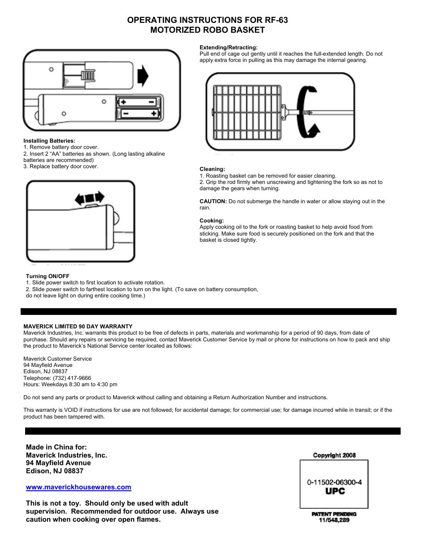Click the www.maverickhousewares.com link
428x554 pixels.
(x=79, y=487)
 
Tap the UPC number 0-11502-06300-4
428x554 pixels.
(x=334, y=482)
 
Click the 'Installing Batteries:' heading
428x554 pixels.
(x=49, y=141)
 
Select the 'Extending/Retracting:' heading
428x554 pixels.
(x=228, y=48)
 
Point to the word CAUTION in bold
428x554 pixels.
(x=213, y=201)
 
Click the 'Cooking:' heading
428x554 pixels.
(x=211, y=221)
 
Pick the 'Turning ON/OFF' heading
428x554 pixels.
(x=48, y=276)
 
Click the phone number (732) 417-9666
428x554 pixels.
(x=72, y=378)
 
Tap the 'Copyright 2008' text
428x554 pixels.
(x=334, y=455)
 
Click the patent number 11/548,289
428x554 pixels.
(x=334, y=520)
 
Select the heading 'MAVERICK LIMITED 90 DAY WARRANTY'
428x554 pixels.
(x=78, y=327)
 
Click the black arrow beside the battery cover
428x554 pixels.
(x=143, y=75)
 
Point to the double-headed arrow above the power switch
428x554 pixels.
(x=90, y=198)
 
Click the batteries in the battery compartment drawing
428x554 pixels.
(x=139, y=108)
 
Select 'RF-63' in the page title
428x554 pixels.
(x=276, y=20)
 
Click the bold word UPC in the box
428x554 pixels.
(x=335, y=491)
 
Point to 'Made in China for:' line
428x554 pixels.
(x=57, y=447)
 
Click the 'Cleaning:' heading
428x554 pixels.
(x=212, y=169)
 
